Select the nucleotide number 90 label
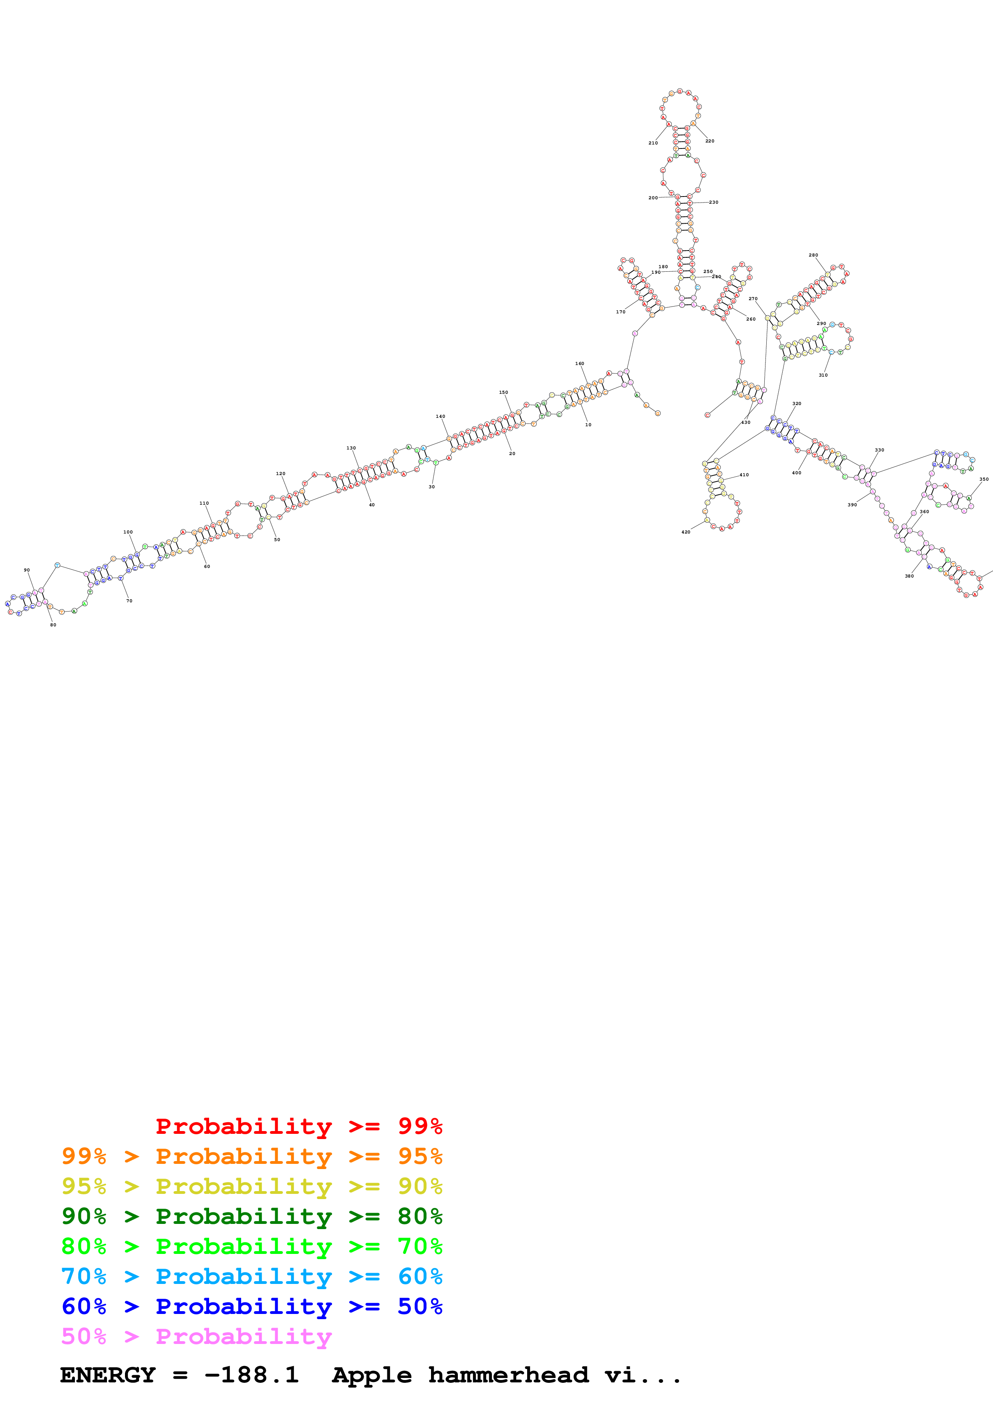(27, 570)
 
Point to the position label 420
(686, 532)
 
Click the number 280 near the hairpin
(813, 255)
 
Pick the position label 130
(351, 448)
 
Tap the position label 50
(277, 540)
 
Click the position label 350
(984, 479)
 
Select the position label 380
(909, 576)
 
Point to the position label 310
(823, 375)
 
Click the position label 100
(128, 532)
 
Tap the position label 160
(579, 364)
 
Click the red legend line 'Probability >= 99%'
(298, 1126)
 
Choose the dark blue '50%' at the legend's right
(420, 1306)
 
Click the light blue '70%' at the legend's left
(84, 1276)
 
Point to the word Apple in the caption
(371, 1376)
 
